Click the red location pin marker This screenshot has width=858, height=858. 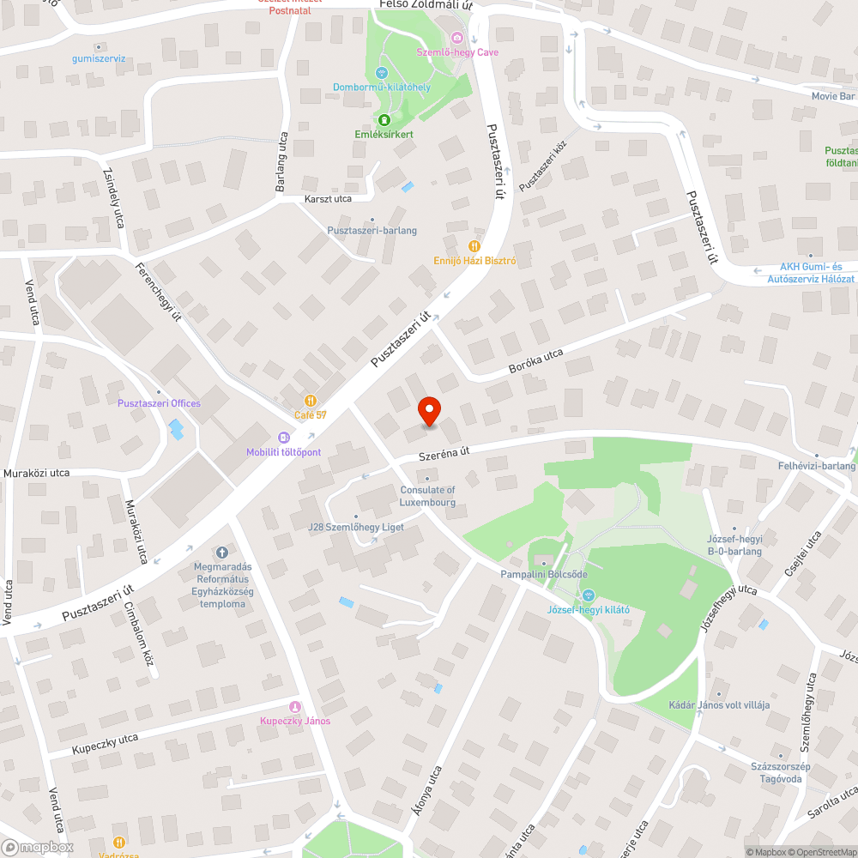click(x=428, y=411)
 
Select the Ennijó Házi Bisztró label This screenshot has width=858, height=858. click(x=474, y=260)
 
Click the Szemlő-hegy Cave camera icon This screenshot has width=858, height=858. click(x=457, y=38)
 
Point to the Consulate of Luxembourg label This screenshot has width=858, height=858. click(x=427, y=496)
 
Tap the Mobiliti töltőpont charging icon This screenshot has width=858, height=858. click(x=283, y=438)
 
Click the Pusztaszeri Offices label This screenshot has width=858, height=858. click(x=159, y=403)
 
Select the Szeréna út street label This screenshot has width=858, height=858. click(x=445, y=453)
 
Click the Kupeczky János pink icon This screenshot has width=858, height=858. click(x=295, y=707)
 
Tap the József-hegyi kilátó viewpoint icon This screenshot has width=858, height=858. click(x=589, y=595)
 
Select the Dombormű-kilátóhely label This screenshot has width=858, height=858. click(x=382, y=87)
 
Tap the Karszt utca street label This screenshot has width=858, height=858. click(x=328, y=199)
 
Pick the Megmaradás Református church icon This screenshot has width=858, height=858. click(x=221, y=553)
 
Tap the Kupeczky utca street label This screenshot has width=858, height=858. click(x=105, y=743)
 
